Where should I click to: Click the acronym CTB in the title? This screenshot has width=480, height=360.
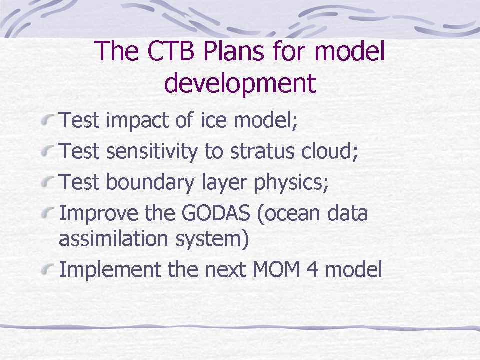pos(171,51)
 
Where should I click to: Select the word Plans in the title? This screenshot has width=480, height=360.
pos(233,51)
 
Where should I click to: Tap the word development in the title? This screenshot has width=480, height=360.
pos(240,83)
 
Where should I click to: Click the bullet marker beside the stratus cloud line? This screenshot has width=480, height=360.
pos(48,151)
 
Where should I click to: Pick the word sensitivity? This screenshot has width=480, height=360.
pos(152,151)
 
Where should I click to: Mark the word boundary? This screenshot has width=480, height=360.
pos(150,182)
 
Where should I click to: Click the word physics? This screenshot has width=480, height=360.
pos(291,183)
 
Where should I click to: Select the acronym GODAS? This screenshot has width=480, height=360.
pos(216,213)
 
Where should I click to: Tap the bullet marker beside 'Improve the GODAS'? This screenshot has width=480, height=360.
pos(48,213)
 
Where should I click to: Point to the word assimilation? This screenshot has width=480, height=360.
pos(113,238)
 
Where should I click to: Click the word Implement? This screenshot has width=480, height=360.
pos(110,269)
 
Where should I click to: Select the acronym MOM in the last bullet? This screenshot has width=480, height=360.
pos(276,269)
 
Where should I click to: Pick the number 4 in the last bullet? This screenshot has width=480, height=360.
pos(312,269)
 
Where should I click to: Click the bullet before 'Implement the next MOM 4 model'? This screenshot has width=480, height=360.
pos(48,269)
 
